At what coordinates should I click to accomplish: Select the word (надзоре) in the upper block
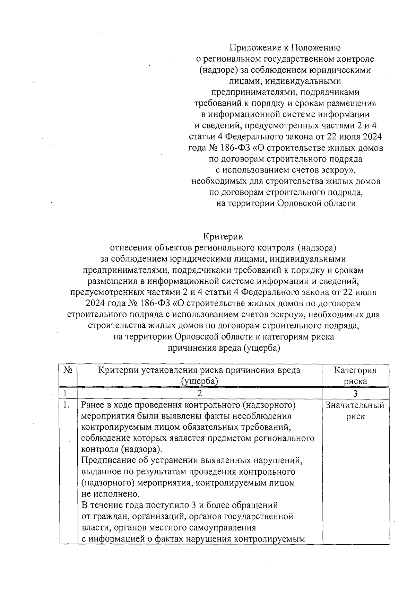tap(218, 70)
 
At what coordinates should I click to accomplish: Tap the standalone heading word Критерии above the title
tap(223, 237)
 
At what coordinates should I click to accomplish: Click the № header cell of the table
tap(68, 370)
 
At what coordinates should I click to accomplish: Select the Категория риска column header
tap(355, 376)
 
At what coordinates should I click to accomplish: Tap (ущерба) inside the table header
tap(199, 381)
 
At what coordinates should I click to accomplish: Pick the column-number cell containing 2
tap(199, 393)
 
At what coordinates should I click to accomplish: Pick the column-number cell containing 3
tap(355, 393)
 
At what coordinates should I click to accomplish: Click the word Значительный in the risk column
tap(355, 405)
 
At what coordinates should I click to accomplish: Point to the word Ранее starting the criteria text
tap(93, 405)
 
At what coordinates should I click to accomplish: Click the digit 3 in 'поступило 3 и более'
tap(191, 505)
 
